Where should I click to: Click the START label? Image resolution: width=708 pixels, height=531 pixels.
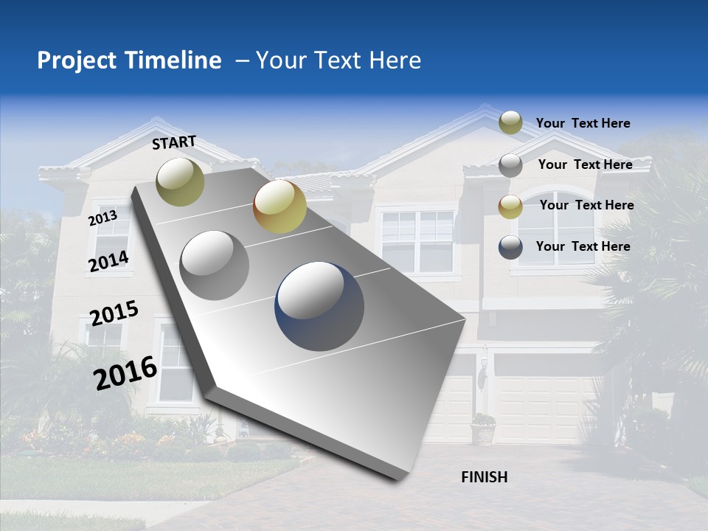(174, 142)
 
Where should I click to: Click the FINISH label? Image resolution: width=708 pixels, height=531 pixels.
(484, 477)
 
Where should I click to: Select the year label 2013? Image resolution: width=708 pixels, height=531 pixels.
(103, 218)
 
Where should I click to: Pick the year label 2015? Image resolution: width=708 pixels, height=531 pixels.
(114, 313)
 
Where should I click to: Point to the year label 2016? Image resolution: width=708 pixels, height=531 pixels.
(125, 372)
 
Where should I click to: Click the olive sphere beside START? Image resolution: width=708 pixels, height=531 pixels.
(180, 181)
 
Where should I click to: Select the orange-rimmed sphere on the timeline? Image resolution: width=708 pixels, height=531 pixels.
(280, 206)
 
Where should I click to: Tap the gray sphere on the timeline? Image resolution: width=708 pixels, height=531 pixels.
(215, 265)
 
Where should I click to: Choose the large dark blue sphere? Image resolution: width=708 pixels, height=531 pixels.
(319, 306)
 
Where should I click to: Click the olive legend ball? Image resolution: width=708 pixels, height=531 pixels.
(510, 123)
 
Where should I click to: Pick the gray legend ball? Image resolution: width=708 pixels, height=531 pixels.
(510, 164)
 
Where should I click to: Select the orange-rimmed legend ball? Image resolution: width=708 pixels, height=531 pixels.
(510, 206)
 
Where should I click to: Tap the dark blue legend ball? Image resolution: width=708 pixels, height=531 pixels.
(510, 247)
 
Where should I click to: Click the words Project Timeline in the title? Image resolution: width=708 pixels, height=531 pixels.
(129, 60)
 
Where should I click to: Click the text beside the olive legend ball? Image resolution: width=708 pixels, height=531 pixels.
(583, 123)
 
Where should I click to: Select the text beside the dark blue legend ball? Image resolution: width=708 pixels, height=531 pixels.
(583, 246)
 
